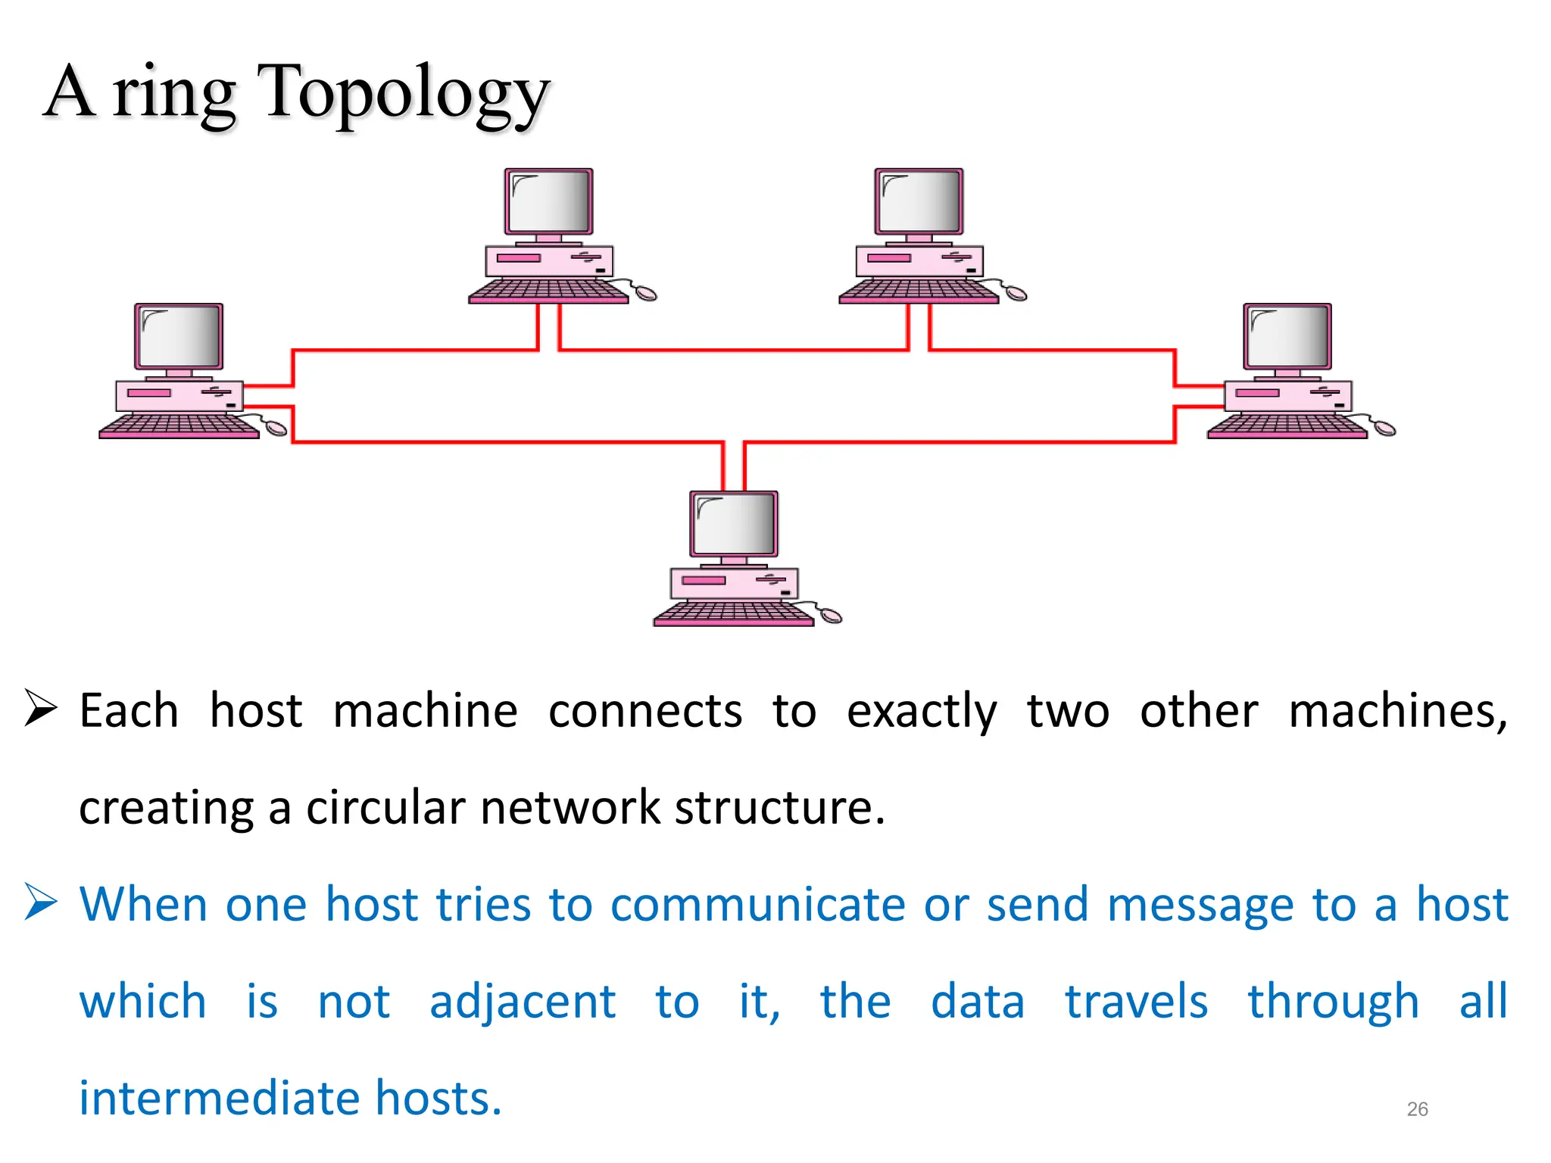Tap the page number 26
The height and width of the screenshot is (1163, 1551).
(1417, 1109)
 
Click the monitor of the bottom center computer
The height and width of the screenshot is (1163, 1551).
(734, 524)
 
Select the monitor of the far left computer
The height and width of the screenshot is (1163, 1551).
(179, 337)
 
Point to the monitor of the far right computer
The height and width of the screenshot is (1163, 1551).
(1287, 337)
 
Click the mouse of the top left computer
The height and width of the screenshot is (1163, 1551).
(645, 293)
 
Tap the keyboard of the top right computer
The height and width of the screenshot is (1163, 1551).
(918, 291)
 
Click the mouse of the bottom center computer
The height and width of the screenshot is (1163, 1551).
(831, 616)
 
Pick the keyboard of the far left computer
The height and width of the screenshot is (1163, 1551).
(179, 426)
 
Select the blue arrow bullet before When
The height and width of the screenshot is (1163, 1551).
(41, 902)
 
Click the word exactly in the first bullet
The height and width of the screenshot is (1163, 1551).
(921, 712)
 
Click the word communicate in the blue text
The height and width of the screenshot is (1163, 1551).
(757, 905)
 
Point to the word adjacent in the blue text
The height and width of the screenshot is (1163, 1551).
(523, 1002)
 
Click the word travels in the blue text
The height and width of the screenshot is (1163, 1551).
(1136, 1002)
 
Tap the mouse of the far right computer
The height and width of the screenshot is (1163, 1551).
(1384, 429)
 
